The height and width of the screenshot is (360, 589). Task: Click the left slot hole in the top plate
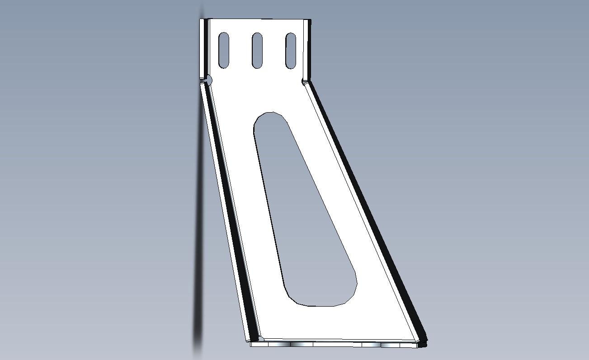(x=223, y=50)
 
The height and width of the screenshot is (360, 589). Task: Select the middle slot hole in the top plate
(x=257, y=50)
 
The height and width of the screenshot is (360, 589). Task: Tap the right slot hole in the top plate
(x=291, y=50)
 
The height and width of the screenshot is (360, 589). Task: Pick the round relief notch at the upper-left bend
(x=208, y=80)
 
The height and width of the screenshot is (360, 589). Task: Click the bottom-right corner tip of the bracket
(x=425, y=344)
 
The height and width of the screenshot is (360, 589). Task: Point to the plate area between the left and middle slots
(x=240, y=50)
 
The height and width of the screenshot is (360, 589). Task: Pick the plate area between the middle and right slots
(x=274, y=50)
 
